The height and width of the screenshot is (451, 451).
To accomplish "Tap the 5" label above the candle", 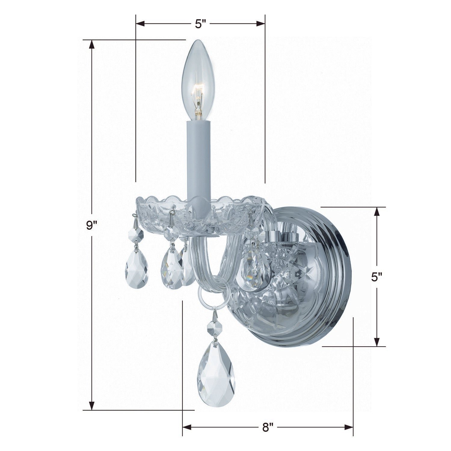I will point(200,24).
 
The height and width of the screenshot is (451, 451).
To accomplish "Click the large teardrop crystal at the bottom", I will point(216,373).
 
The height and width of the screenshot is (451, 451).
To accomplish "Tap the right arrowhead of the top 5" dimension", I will point(260,24).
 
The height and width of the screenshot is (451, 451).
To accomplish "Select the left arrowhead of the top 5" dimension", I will point(141,24).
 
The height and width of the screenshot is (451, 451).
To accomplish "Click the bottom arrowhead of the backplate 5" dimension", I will point(376,342).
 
